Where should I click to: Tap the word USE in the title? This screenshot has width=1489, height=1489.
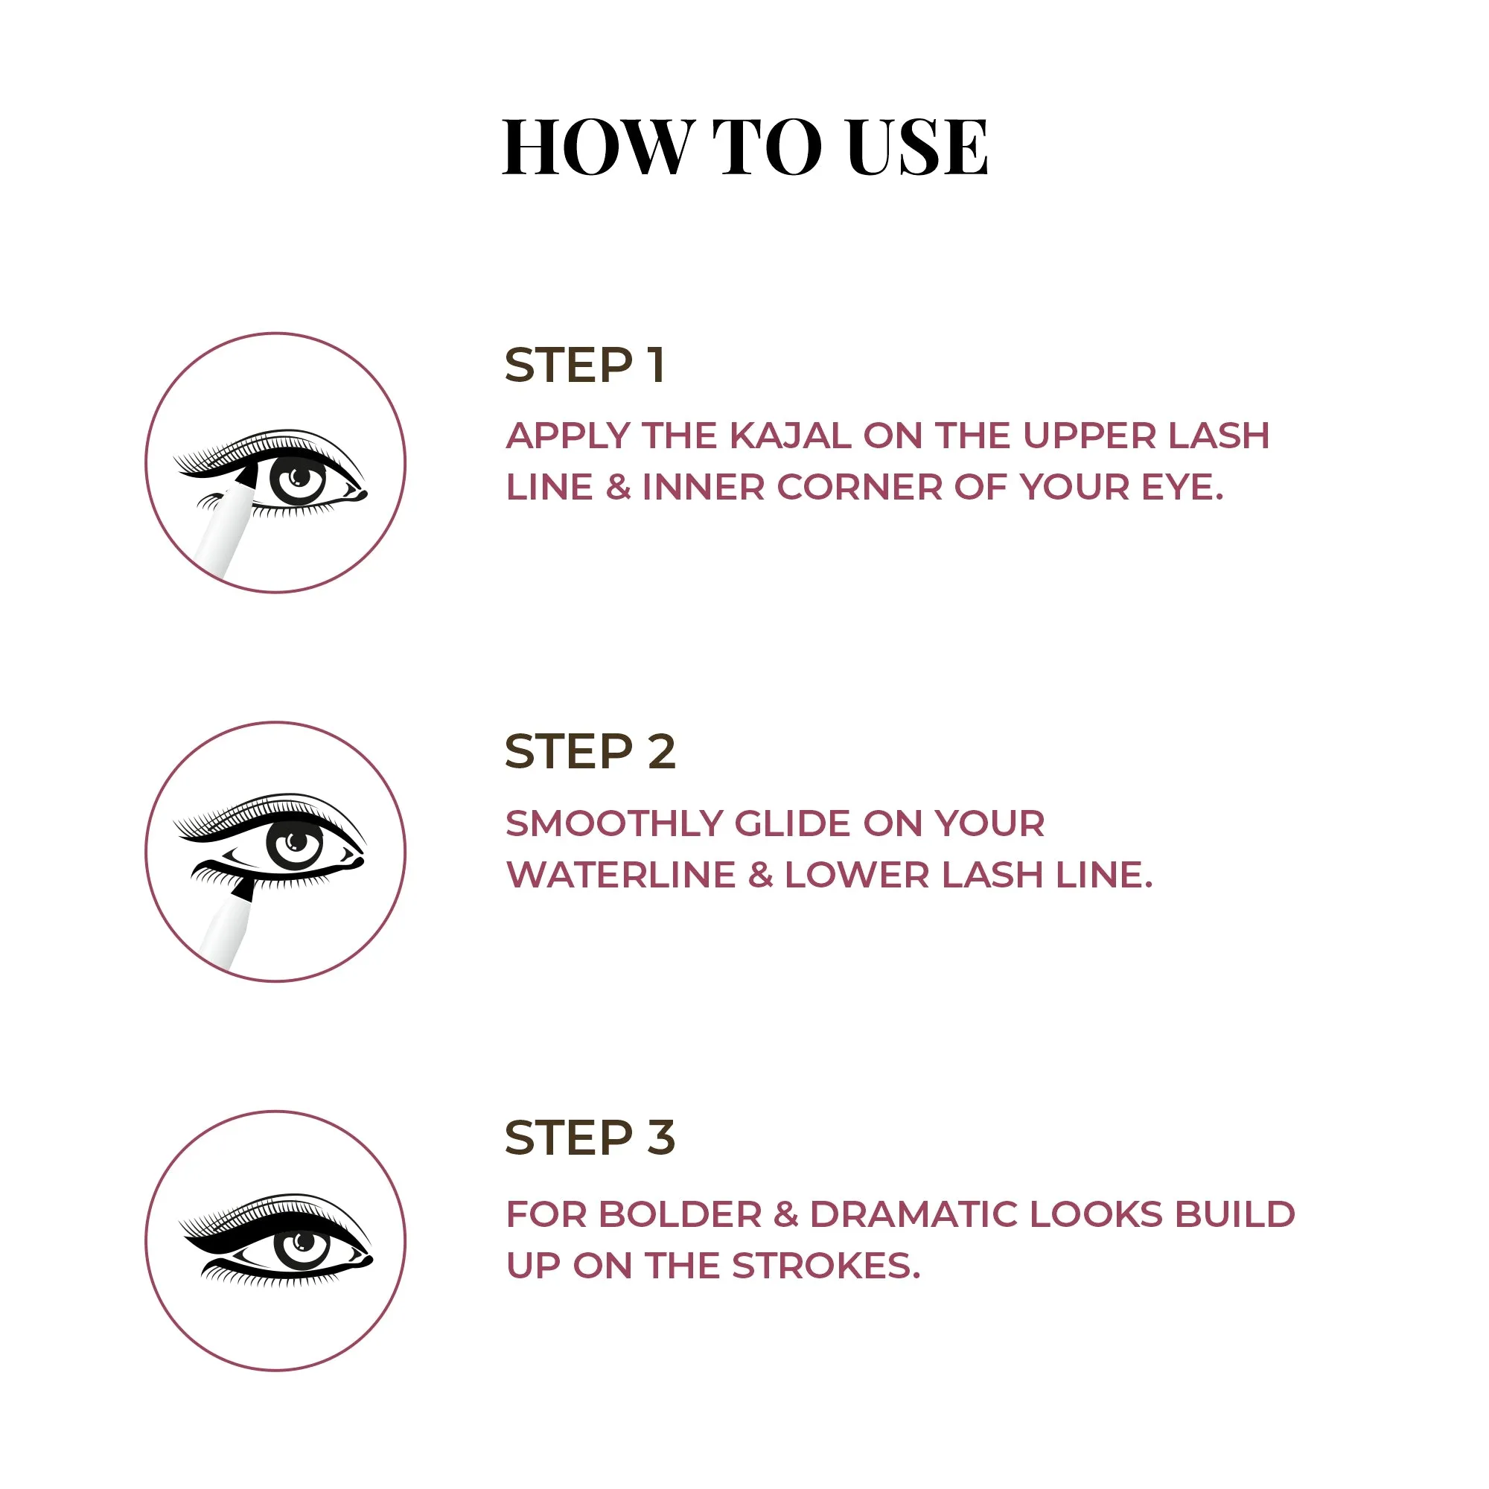917,147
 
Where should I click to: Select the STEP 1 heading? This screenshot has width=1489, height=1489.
585,366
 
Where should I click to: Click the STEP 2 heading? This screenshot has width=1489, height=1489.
590,751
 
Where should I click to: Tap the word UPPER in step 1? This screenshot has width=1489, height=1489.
1089,436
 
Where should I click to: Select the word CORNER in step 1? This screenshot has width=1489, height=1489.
859,487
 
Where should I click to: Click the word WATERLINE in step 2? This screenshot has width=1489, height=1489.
621,875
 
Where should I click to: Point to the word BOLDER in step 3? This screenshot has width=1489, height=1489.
680,1214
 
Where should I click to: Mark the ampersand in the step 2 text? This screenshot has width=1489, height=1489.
761,875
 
